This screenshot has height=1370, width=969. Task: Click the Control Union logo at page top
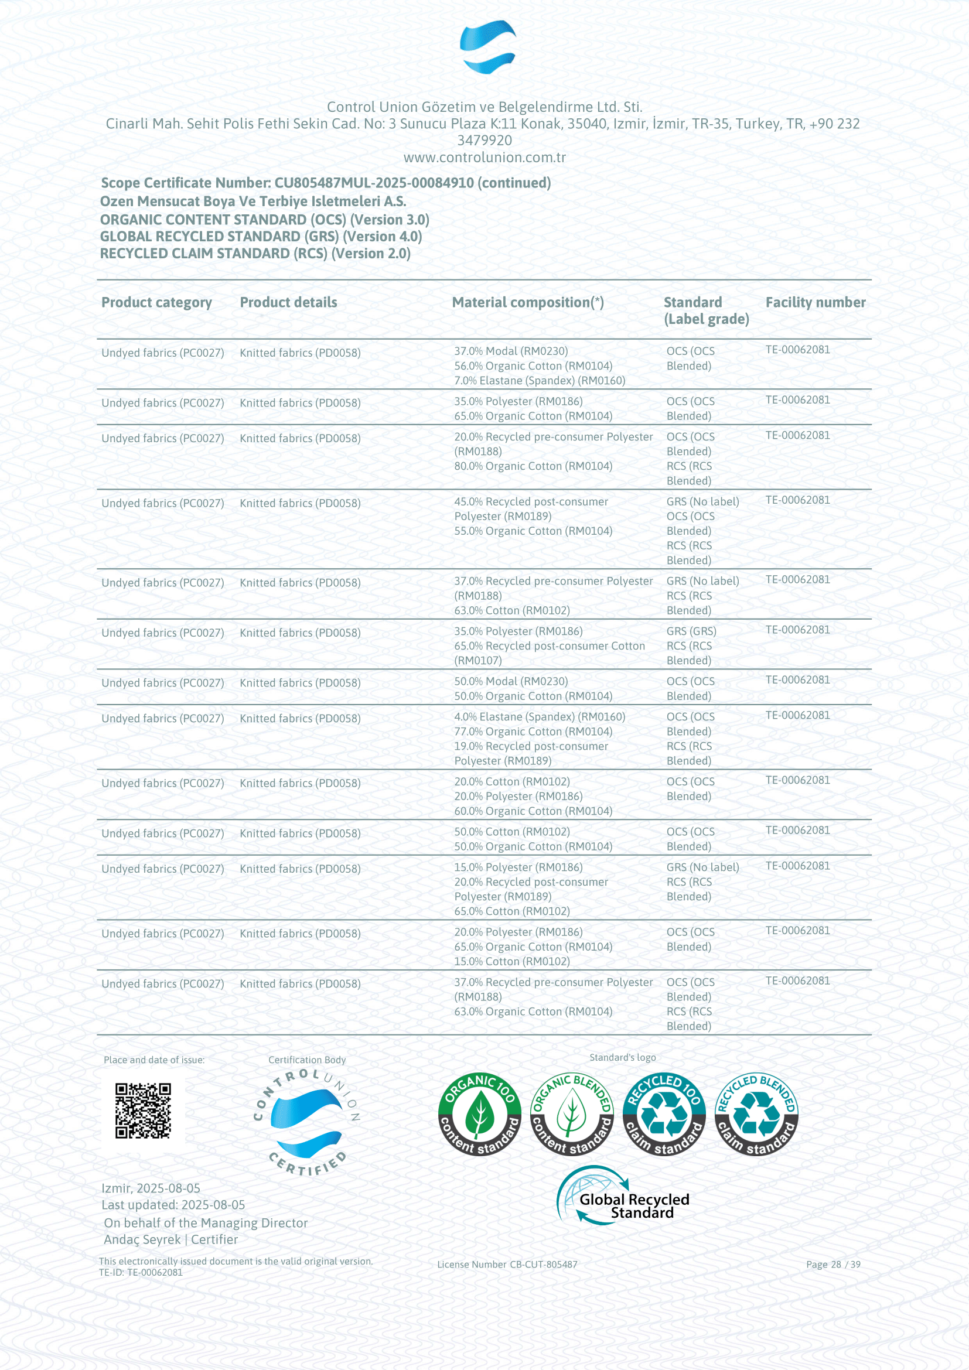coord(487,46)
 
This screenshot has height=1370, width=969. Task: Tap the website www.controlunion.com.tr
coord(485,158)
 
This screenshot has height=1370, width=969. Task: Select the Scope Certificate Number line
coord(325,183)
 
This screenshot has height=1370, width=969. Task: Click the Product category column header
coord(156,302)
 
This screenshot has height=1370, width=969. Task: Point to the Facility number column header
coord(815,302)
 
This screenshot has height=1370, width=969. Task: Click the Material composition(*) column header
coord(527,302)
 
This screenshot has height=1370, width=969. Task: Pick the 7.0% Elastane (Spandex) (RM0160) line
coord(540,381)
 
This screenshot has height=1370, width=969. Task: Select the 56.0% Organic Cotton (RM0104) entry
coord(533,365)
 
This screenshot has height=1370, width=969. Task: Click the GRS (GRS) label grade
coord(691,631)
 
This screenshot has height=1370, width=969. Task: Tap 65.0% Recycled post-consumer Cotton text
coord(549,646)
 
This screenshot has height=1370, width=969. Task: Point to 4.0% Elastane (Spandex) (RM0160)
coord(540,716)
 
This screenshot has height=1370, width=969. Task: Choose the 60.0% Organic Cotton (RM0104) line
coord(533,811)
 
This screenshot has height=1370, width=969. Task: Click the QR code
coord(142,1111)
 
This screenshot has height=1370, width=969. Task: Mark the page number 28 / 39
coord(832,1264)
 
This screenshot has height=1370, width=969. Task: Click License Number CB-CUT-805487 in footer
coord(507,1264)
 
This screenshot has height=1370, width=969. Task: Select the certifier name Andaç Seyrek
coord(142,1239)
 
